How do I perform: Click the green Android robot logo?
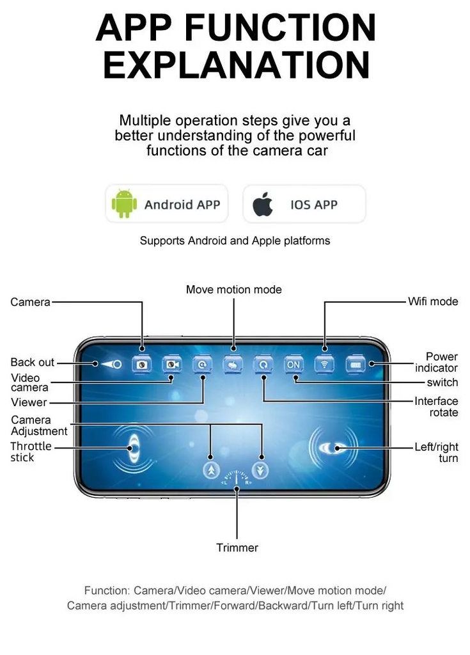pyautogui.click(x=124, y=203)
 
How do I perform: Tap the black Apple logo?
pyautogui.click(x=262, y=204)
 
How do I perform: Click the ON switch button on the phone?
pyautogui.click(x=294, y=365)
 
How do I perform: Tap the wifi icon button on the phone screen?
pyautogui.click(x=325, y=365)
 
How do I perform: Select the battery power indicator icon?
pyautogui.click(x=356, y=365)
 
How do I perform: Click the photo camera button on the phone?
pyautogui.click(x=141, y=365)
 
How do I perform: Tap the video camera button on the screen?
pyautogui.click(x=172, y=365)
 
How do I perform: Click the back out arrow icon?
pyautogui.click(x=111, y=364)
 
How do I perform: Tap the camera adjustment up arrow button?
pyautogui.click(x=212, y=470)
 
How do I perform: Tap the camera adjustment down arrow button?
pyautogui.click(x=260, y=470)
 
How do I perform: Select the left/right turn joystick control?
pyautogui.click(x=333, y=448)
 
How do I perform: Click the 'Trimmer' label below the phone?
pyautogui.click(x=237, y=548)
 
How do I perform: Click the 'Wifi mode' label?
pyautogui.click(x=433, y=301)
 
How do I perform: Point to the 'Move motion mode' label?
pyautogui.click(x=234, y=290)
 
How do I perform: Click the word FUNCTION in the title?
pyautogui.click(x=280, y=28)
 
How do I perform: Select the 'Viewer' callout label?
pyautogui.click(x=29, y=402)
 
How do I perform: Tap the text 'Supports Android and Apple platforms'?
pyautogui.click(x=235, y=241)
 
